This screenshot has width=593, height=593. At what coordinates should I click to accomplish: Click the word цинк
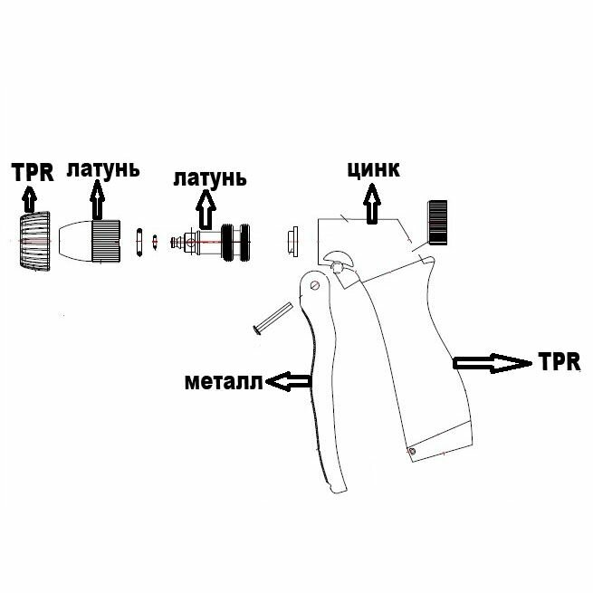[x=373, y=170]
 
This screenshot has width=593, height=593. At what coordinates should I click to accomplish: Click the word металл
[x=223, y=381]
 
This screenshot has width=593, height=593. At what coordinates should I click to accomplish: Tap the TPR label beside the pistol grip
[x=559, y=361]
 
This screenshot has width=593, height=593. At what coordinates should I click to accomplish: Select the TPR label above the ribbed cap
[x=33, y=172]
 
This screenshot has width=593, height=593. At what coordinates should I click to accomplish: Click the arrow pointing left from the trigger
[x=288, y=383]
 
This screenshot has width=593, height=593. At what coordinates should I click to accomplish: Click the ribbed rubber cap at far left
[x=33, y=243]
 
